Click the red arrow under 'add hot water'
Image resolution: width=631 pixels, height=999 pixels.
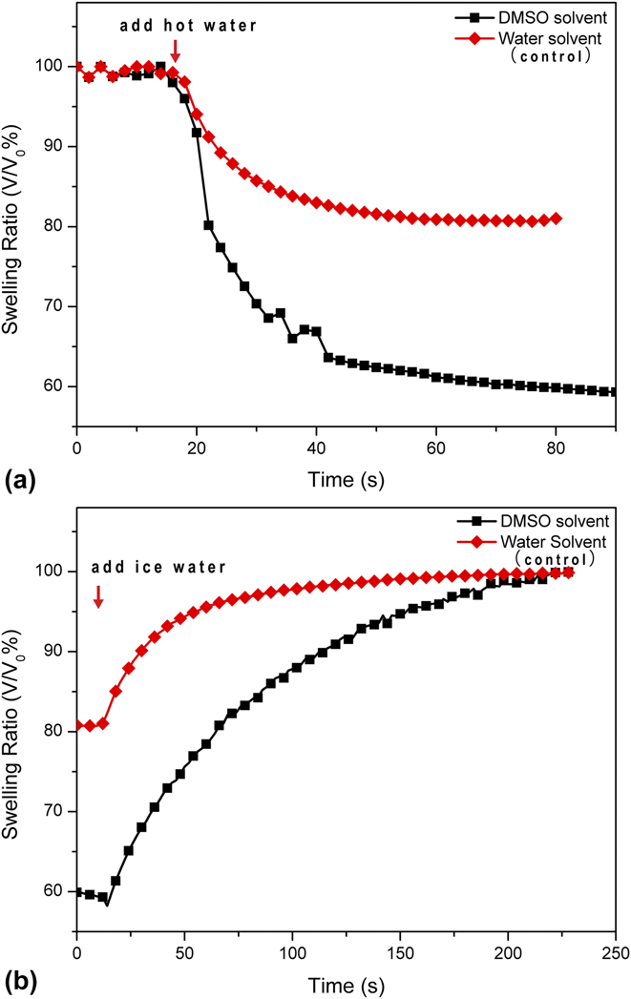[175, 51]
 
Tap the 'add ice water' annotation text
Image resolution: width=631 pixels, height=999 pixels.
[158, 567]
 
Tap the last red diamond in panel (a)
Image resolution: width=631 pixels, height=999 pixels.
[556, 219]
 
